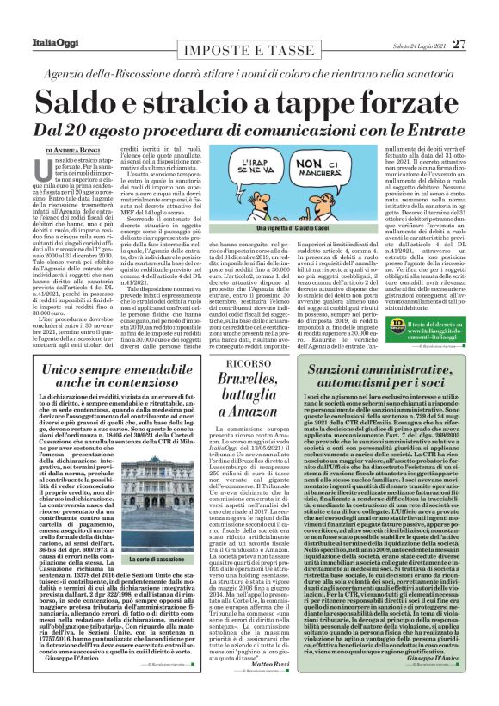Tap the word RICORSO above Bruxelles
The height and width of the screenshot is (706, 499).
coord(234,363)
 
